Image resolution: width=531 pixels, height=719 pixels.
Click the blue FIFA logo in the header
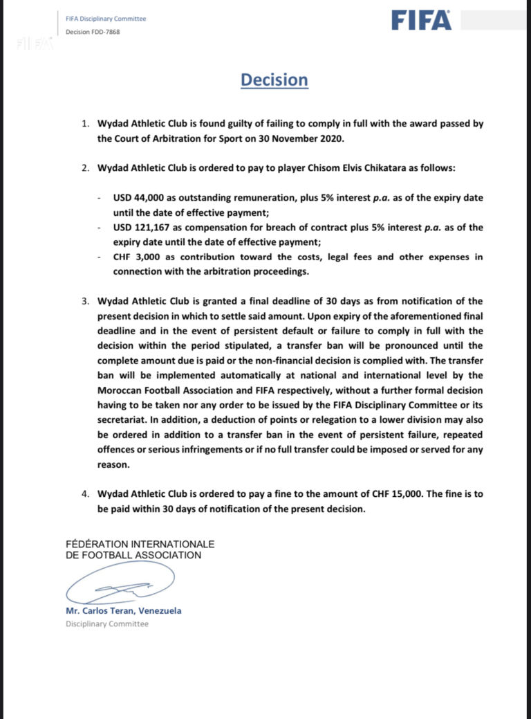(x=421, y=20)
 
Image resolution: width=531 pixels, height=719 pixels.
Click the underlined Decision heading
(x=274, y=80)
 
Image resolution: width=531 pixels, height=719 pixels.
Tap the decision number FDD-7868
(x=93, y=32)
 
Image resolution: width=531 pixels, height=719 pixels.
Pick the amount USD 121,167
(x=144, y=228)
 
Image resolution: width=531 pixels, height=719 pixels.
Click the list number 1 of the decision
(x=85, y=123)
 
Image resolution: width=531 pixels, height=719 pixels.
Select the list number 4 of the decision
(x=85, y=494)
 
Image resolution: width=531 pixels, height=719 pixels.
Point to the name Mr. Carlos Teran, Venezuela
(x=124, y=611)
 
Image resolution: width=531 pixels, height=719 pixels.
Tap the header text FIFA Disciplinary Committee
(x=106, y=19)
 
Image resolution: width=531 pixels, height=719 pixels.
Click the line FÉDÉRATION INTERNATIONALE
(x=140, y=544)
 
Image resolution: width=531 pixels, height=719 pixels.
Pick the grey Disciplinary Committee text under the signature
(x=107, y=624)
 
